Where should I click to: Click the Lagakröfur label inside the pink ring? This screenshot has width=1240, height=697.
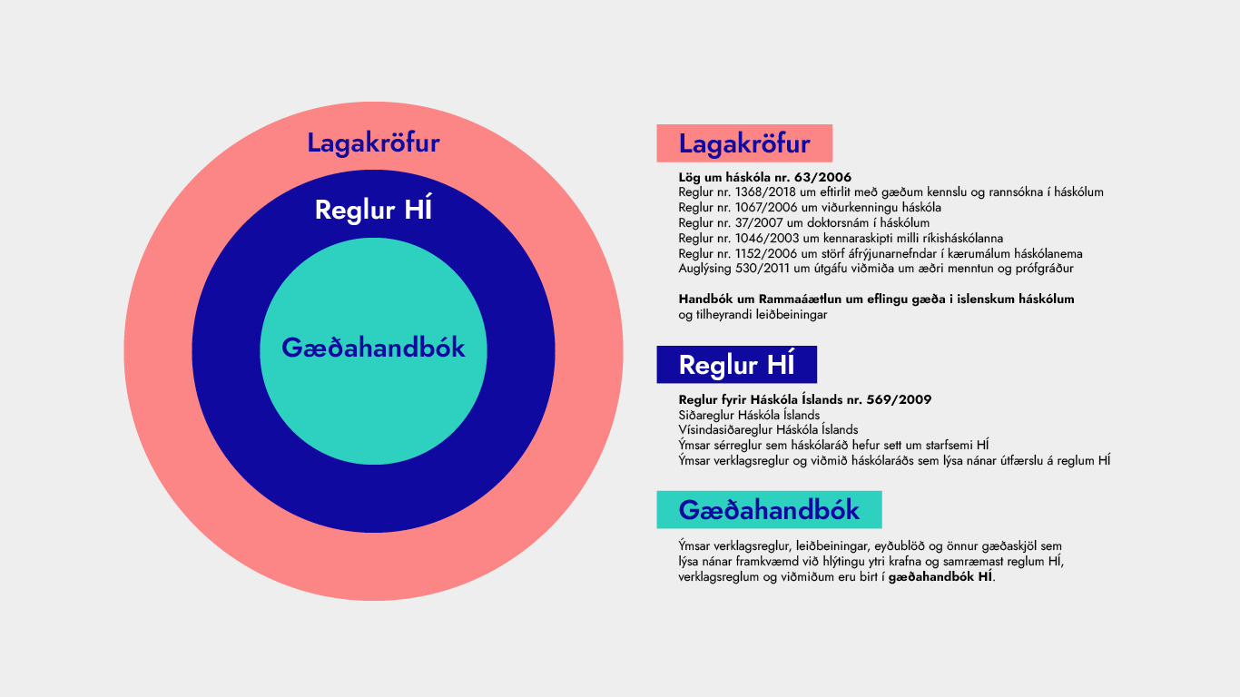click(x=373, y=143)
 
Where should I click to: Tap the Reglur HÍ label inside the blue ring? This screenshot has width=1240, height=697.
click(x=373, y=211)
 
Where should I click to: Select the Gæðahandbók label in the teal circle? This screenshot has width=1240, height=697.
click(x=373, y=348)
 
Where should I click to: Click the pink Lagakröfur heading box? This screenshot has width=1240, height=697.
click(x=744, y=143)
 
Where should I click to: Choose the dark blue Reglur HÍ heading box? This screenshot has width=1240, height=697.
click(x=736, y=365)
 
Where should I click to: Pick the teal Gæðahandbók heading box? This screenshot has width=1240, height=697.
click(x=769, y=510)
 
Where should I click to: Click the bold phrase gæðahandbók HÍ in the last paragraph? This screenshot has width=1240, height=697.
click(x=940, y=577)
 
